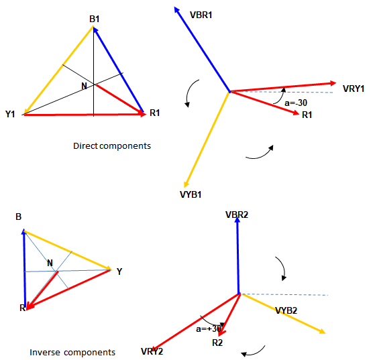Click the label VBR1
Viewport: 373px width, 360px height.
[x=201, y=15]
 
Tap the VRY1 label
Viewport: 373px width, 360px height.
[x=354, y=88]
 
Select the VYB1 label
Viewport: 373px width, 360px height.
[x=191, y=194]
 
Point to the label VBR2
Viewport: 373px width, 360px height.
[x=237, y=215]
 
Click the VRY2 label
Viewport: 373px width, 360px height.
[x=152, y=351]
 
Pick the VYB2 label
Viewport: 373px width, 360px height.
[x=286, y=310]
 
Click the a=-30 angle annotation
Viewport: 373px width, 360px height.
[x=296, y=103]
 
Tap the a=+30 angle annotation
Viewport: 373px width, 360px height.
[x=209, y=329]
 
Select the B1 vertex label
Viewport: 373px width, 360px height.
[x=94, y=19]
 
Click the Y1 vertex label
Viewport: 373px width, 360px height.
[x=10, y=114]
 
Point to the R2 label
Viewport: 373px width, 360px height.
[x=217, y=343]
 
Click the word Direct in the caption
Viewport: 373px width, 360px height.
[x=85, y=145]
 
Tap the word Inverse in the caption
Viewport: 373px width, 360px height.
[x=45, y=353]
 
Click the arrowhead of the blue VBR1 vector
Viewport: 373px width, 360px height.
[x=176, y=10]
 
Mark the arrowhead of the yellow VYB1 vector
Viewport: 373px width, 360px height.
[x=186, y=184]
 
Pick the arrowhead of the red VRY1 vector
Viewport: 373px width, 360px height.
[x=333, y=83]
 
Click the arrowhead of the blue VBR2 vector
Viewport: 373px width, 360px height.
[x=237, y=220]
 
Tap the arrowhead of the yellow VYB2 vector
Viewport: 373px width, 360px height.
[x=322, y=331]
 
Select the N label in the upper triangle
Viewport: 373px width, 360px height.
[x=84, y=86]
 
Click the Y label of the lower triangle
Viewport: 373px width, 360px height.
[x=119, y=272]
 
